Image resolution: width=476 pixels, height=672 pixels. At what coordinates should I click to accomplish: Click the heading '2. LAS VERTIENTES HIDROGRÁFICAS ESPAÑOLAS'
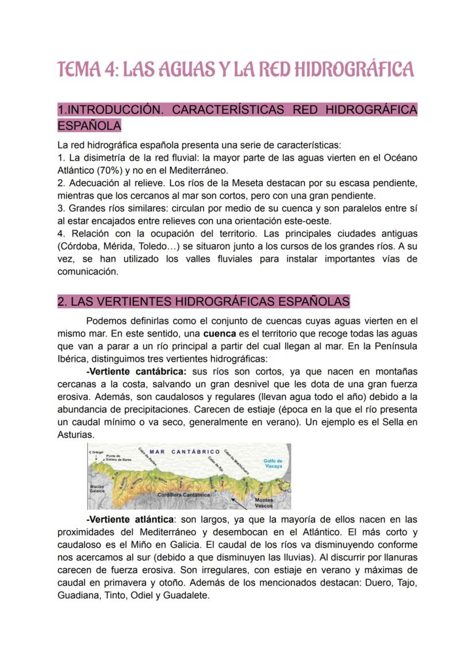tap(204, 302)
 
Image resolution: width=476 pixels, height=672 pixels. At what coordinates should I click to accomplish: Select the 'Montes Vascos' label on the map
tap(263, 503)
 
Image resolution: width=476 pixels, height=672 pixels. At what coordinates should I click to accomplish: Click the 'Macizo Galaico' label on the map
tap(96, 489)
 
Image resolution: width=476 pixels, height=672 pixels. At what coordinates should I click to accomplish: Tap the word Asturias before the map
tap(75, 435)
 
